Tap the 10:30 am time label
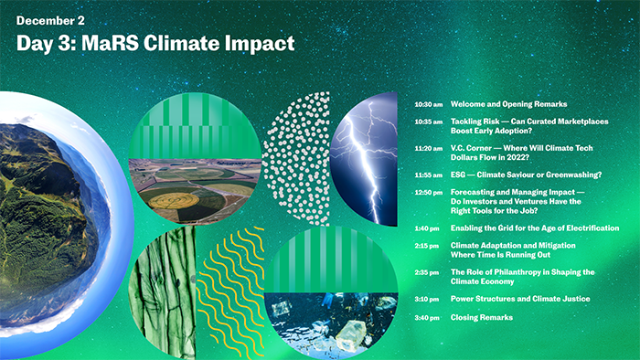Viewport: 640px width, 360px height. (428, 104)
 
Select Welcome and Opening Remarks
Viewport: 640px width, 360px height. (508, 104)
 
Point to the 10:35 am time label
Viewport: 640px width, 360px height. (428, 122)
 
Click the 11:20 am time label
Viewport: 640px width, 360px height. (428, 148)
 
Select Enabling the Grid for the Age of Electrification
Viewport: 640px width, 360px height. (535, 228)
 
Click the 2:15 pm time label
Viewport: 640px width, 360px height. (428, 246)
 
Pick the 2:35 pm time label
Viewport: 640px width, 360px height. (428, 272)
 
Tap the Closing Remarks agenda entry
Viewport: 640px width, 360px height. (482, 317)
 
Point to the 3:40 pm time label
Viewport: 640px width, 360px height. (428, 317)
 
